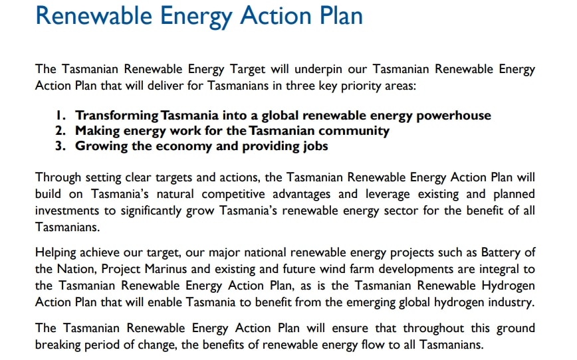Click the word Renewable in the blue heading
(x=94, y=15)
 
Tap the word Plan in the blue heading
(x=341, y=15)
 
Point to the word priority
(x=361, y=86)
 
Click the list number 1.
(x=60, y=116)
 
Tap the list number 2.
(x=60, y=131)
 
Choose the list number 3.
(x=60, y=146)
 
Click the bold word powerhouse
(x=454, y=116)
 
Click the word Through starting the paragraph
(x=58, y=178)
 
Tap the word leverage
(x=388, y=195)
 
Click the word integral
(x=499, y=270)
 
